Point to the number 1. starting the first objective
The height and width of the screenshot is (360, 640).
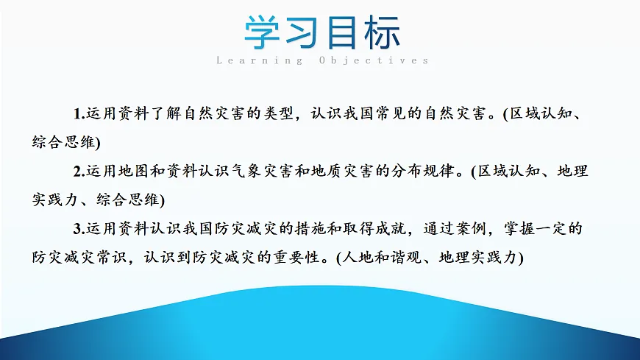point(79,114)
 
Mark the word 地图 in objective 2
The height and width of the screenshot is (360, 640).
point(132,172)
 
